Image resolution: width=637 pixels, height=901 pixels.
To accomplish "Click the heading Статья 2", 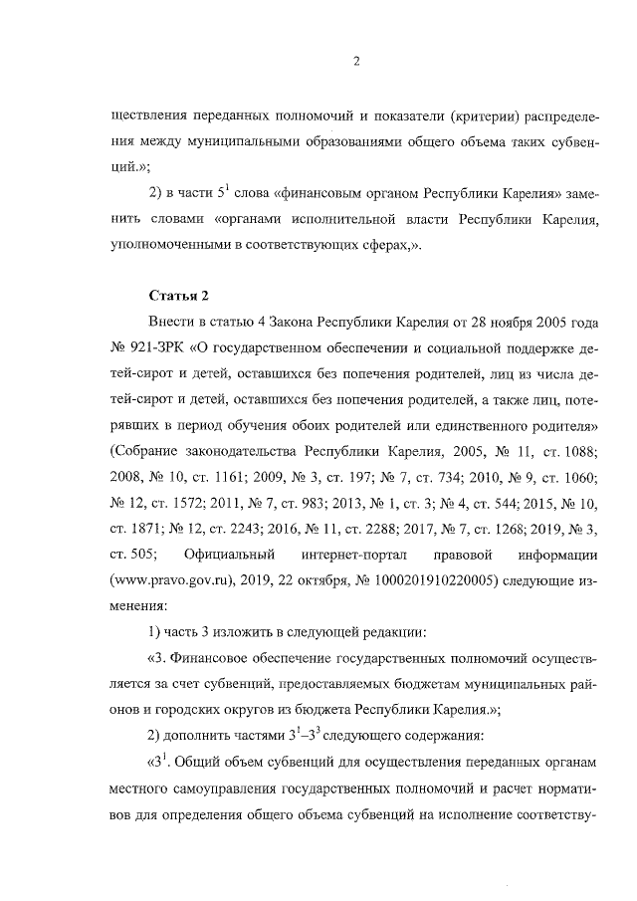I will pyautogui.click(x=178, y=296).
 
